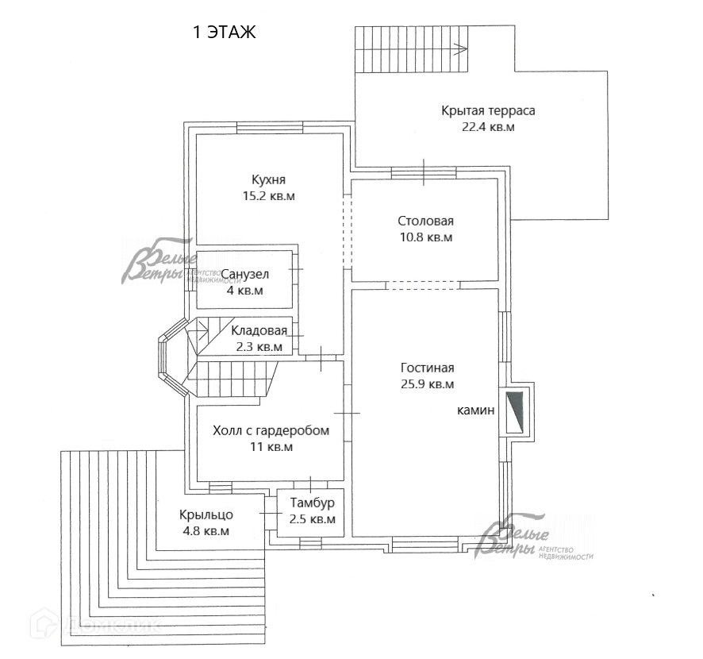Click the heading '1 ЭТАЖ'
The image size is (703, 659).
pos(225,33)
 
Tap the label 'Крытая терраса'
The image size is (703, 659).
pos(488,110)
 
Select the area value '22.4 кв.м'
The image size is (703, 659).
pos(488,126)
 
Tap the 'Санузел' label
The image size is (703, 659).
pos(244,275)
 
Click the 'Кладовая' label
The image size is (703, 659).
pos(259,330)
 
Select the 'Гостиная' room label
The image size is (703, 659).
pos(427,368)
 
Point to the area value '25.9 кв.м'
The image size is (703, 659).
pos(428,384)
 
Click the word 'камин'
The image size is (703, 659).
pos(476,410)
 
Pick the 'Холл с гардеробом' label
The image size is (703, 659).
pos(271,430)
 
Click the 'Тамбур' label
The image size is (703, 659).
pos(312,503)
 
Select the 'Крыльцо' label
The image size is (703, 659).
pos(206,514)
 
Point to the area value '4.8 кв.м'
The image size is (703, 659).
pos(205,531)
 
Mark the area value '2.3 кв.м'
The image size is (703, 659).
pos(259,346)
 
